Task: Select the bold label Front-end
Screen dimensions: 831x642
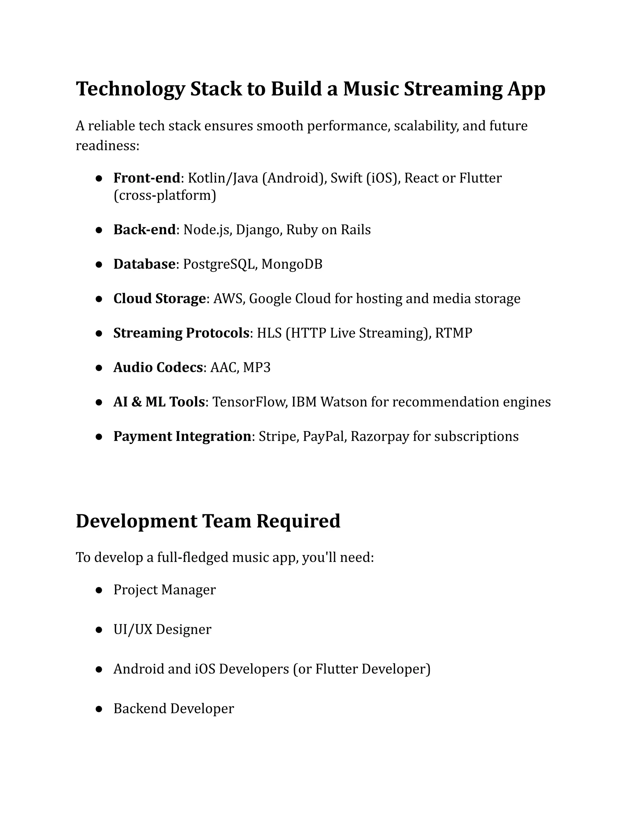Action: click(x=146, y=178)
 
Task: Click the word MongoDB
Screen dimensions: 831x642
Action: click(x=292, y=264)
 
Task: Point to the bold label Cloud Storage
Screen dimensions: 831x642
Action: click(x=159, y=299)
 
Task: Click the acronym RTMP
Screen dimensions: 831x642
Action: click(x=453, y=333)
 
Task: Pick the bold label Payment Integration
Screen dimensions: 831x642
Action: click(x=182, y=437)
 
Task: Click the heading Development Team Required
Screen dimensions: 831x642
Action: click(x=208, y=521)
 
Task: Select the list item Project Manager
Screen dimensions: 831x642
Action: click(x=164, y=590)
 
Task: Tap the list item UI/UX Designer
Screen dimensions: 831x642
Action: click(x=162, y=629)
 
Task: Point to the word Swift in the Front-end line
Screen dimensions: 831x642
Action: click(x=346, y=178)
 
